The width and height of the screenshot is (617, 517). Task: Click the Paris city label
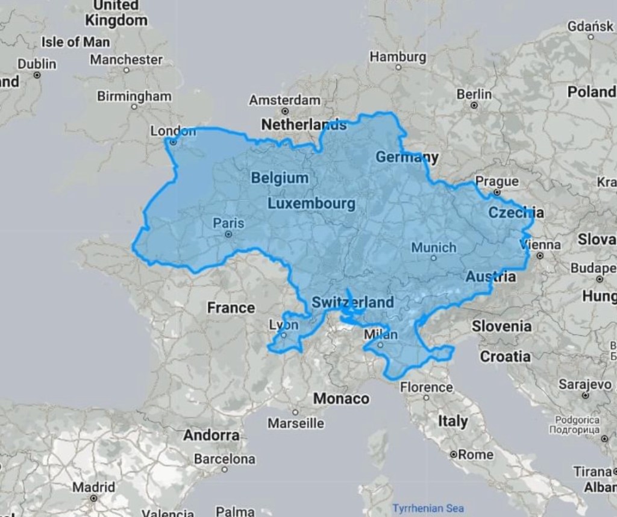pos(228,223)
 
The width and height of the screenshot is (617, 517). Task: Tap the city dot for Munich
pos(433,258)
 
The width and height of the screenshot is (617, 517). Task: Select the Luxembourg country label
pos(311,203)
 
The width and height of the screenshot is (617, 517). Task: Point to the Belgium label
pos(280,178)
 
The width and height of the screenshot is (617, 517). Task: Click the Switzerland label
pos(352,302)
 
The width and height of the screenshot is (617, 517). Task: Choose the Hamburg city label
pos(398,57)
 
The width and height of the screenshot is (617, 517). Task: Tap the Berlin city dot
pos(474,105)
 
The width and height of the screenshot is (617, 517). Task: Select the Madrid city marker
pos(93,498)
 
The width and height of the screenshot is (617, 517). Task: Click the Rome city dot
pos(453,455)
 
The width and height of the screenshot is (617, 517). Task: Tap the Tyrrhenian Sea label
pos(428,508)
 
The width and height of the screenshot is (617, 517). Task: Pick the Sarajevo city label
pos(585,384)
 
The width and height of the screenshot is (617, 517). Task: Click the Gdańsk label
pos(590,26)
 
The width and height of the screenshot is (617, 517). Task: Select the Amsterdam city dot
pos(285,111)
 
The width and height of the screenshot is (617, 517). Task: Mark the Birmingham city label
pos(134,96)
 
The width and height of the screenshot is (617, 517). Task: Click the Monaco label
pos(340,399)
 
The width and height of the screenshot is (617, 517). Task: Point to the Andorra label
pos(211,434)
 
